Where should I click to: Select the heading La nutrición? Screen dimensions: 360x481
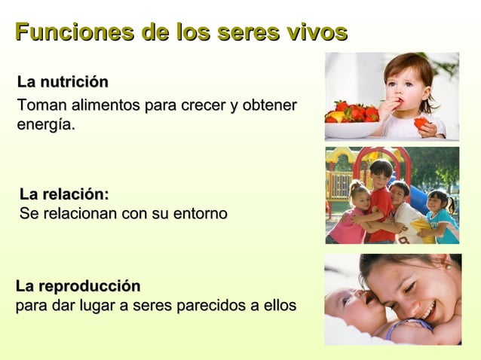coord(63,81)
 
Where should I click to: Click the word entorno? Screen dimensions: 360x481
coord(198,214)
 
